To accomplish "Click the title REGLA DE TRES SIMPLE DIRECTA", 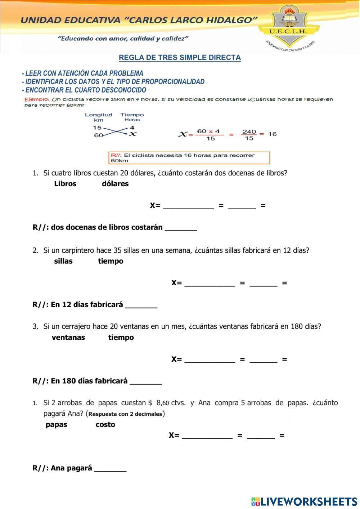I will (180, 58).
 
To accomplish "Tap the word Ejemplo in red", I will (36, 99).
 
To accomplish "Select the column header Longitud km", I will (98, 117).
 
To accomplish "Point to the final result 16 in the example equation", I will (272, 134).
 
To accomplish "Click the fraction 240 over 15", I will (249, 135).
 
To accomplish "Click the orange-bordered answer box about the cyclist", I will (189, 158).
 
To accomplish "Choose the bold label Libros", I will (65, 184).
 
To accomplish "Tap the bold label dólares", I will (115, 184).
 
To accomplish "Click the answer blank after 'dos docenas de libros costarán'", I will (181, 228).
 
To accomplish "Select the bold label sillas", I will (63, 261).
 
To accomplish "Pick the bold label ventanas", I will (68, 338).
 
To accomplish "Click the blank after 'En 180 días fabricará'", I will (146, 382).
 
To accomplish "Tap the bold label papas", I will (57, 425).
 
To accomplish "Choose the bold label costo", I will (105, 425).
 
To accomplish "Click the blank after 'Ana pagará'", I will (110, 469).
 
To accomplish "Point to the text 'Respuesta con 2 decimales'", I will (125, 414).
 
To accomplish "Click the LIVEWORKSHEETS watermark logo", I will (304, 501).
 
